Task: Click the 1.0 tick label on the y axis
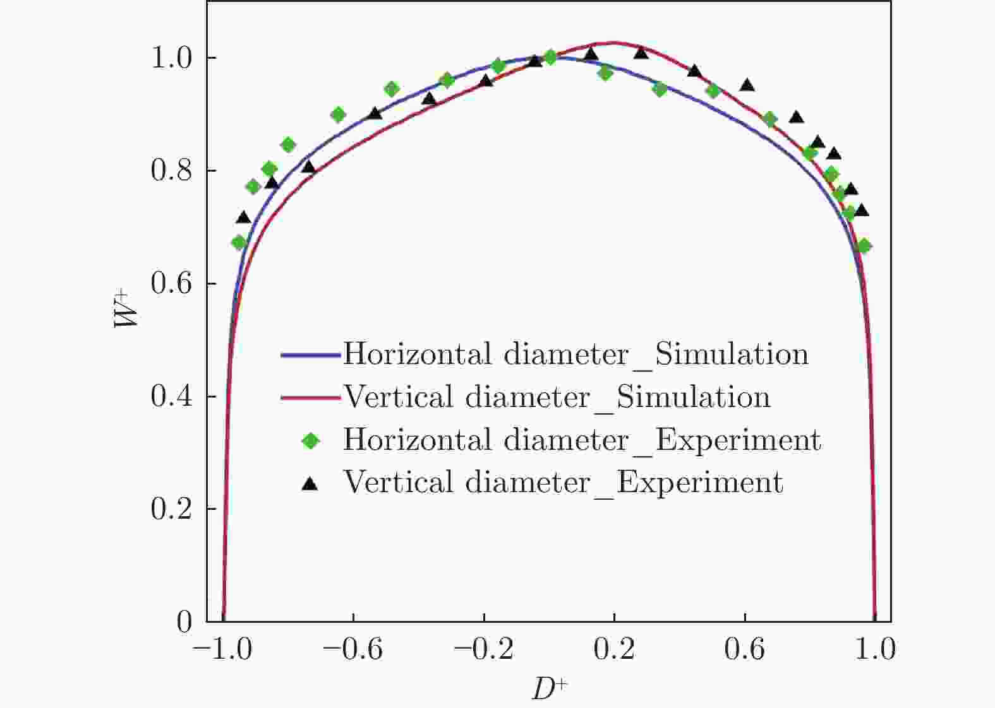pos(171,58)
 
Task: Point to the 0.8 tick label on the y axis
pos(171,171)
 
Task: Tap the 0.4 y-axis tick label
pos(171,397)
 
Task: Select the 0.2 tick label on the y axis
pos(171,509)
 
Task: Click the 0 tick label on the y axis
pos(184,622)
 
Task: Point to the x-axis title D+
pos(550,689)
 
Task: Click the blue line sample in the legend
pos(311,355)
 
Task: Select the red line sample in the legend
pos(311,398)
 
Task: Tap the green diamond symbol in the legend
pos(310,440)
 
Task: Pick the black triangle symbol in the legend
pos(310,483)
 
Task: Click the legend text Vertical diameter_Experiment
pos(563,483)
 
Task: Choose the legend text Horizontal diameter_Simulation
pos(576,355)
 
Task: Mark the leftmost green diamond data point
pos(239,242)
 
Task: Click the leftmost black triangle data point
pos(243,218)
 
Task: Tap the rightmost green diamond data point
pos(864,246)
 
